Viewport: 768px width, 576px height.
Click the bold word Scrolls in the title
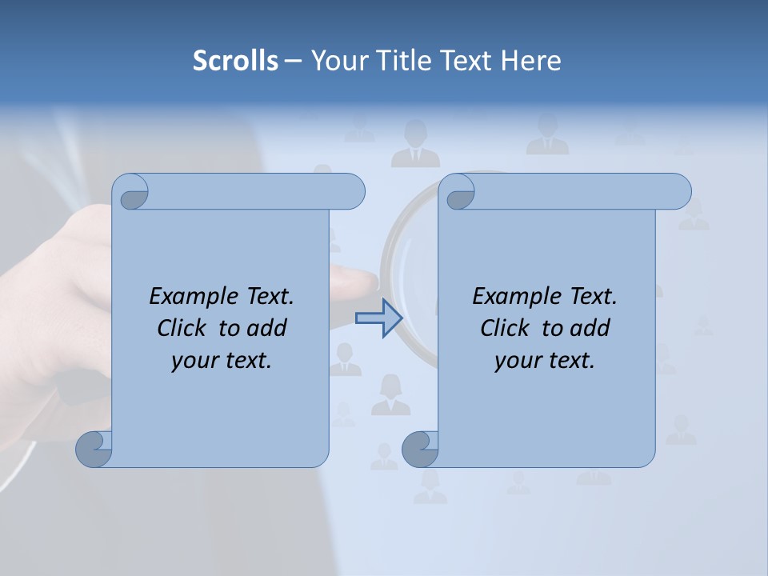pyautogui.click(x=235, y=61)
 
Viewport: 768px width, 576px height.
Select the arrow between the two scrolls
pyautogui.click(x=378, y=318)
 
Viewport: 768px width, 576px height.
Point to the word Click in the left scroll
pyautogui.click(x=184, y=328)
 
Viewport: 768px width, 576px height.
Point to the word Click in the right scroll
pyautogui.click(x=507, y=328)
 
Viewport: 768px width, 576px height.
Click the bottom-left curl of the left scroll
pyautogui.click(x=94, y=449)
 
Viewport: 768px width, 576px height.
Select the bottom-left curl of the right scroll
pyautogui.click(x=419, y=449)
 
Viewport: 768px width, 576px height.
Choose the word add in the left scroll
pyautogui.click(x=266, y=328)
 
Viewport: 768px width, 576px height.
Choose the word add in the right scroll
pyautogui.click(x=590, y=328)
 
